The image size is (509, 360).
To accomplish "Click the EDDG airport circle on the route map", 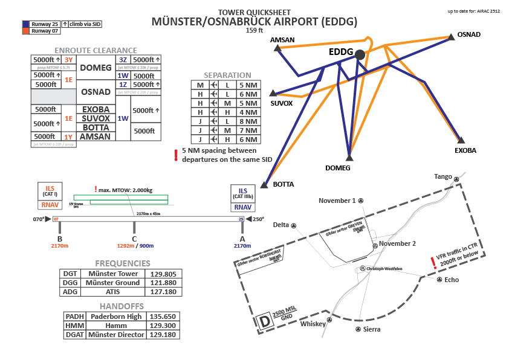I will point(360,54).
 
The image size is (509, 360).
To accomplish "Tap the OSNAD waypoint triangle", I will point(451,37).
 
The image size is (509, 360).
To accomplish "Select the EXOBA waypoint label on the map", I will point(465,150).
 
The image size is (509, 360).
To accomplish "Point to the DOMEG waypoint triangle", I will point(349,157).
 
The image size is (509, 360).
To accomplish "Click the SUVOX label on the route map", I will point(282,103).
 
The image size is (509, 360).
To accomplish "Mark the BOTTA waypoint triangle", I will point(264,185).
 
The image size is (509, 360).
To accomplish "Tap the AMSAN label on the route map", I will point(282,40).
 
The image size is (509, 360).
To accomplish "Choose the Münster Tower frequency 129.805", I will point(162,274).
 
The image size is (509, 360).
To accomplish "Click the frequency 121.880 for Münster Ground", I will point(162,283).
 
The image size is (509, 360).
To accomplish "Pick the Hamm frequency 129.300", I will point(162,325).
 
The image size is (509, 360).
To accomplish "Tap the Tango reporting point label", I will point(443,176).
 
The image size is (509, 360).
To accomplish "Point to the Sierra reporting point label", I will point(372,330).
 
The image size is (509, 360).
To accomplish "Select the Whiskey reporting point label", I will point(313,324).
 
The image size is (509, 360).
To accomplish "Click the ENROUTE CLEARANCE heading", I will point(96,50).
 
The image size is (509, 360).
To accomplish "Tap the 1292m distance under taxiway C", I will point(128,246).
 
